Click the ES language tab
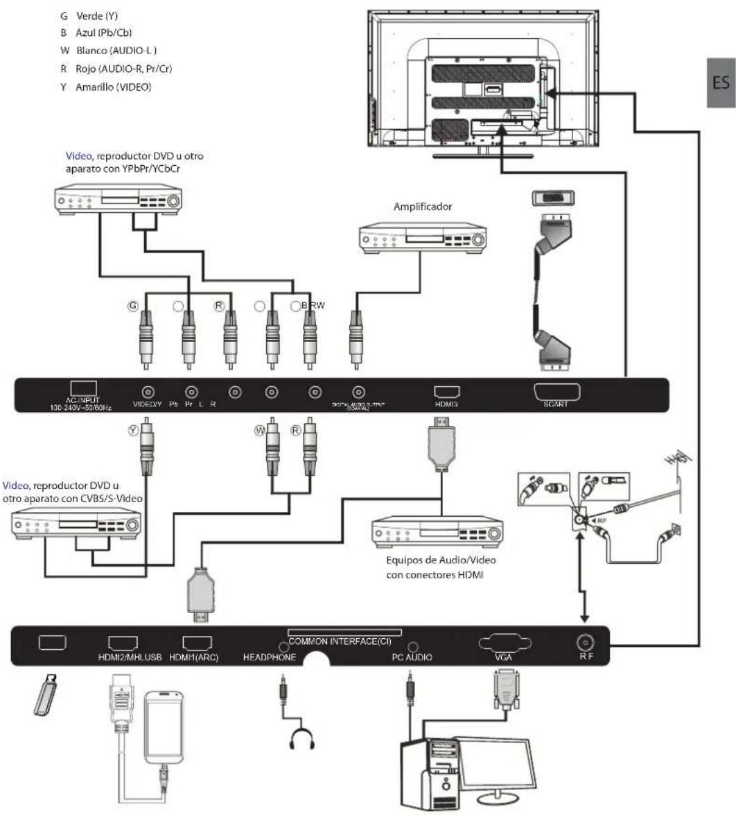coord(721,83)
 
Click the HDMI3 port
coord(446,392)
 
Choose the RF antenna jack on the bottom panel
coord(582,644)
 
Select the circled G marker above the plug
coord(132,304)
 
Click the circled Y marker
coord(134,431)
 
